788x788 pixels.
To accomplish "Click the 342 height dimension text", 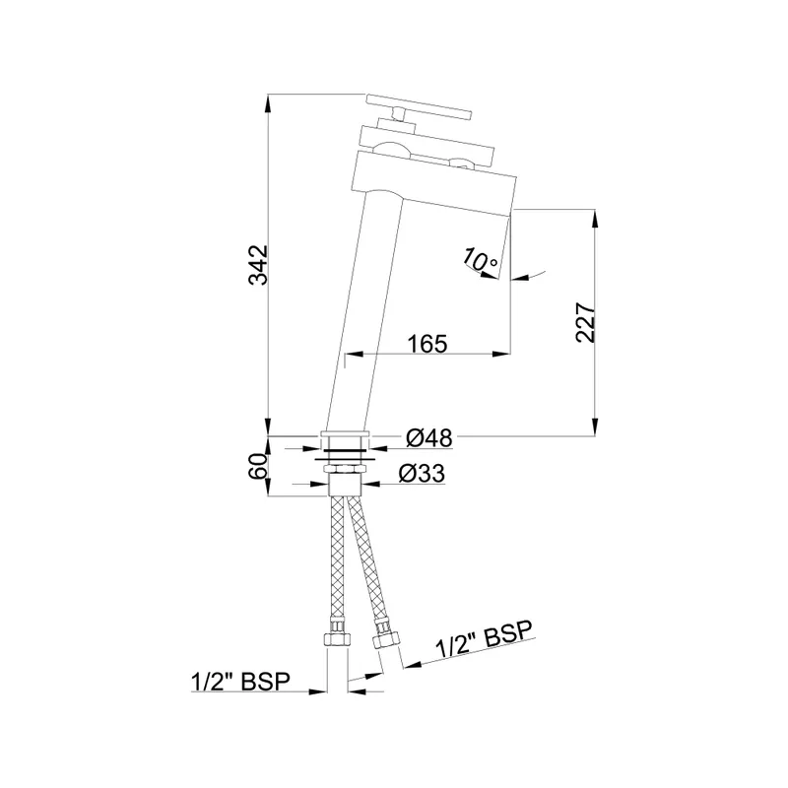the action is click(x=259, y=265).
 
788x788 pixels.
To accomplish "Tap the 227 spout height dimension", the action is click(x=585, y=322).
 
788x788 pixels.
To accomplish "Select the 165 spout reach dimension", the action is click(x=427, y=344).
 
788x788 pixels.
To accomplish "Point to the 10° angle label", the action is click(x=480, y=259).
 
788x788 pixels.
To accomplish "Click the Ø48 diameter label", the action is click(x=429, y=438).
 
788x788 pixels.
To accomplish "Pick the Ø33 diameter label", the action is click(x=422, y=474).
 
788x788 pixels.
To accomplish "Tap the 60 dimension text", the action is click(x=257, y=466).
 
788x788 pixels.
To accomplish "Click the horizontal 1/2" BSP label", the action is click(x=240, y=682).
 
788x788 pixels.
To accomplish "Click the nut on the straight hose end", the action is click(x=337, y=639).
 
